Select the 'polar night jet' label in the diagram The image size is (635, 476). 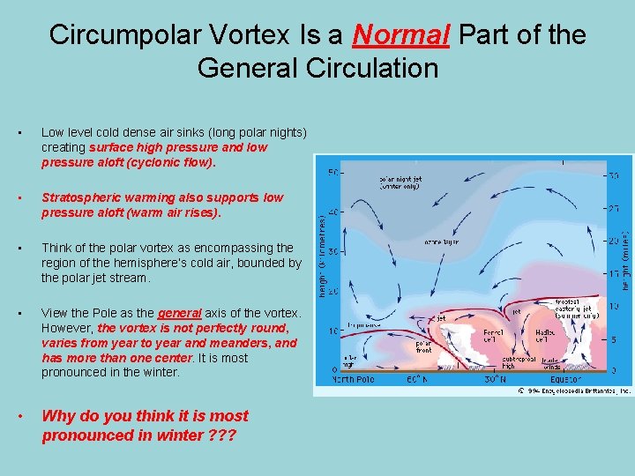[x=402, y=182]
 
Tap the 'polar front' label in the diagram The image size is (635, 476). [x=423, y=344]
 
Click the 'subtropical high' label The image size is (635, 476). [x=521, y=362]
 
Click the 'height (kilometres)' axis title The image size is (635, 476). [x=322, y=257]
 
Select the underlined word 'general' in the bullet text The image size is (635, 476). [x=181, y=313]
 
